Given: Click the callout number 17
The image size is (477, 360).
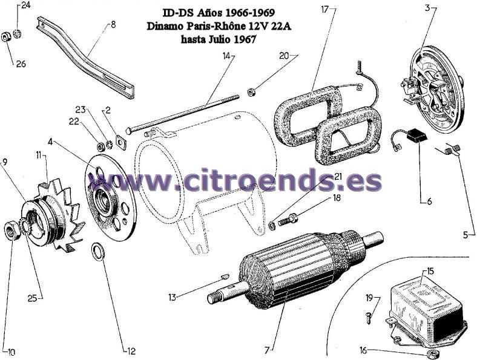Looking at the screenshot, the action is [x=325, y=10].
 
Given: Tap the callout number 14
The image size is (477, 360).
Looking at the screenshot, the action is [x=226, y=56].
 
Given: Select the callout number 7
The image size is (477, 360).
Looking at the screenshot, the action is [x=267, y=350].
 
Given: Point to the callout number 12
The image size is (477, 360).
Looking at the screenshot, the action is [x=131, y=352].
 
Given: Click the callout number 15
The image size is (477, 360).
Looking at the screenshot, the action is [x=430, y=271].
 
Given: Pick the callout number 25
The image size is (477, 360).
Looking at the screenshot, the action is [x=32, y=298].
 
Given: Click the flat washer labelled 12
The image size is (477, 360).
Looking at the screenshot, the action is [x=98, y=252].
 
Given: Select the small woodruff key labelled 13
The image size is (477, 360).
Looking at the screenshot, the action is [x=225, y=276].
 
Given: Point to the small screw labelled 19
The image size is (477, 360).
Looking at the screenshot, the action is [x=369, y=315].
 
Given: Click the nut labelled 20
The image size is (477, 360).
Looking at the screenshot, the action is [x=251, y=91].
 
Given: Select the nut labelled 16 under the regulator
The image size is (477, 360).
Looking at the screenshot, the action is [x=430, y=353].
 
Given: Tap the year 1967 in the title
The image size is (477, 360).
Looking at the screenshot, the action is [x=245, y=39].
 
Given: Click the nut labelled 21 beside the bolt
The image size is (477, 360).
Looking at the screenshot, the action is [x=272, y=225].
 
